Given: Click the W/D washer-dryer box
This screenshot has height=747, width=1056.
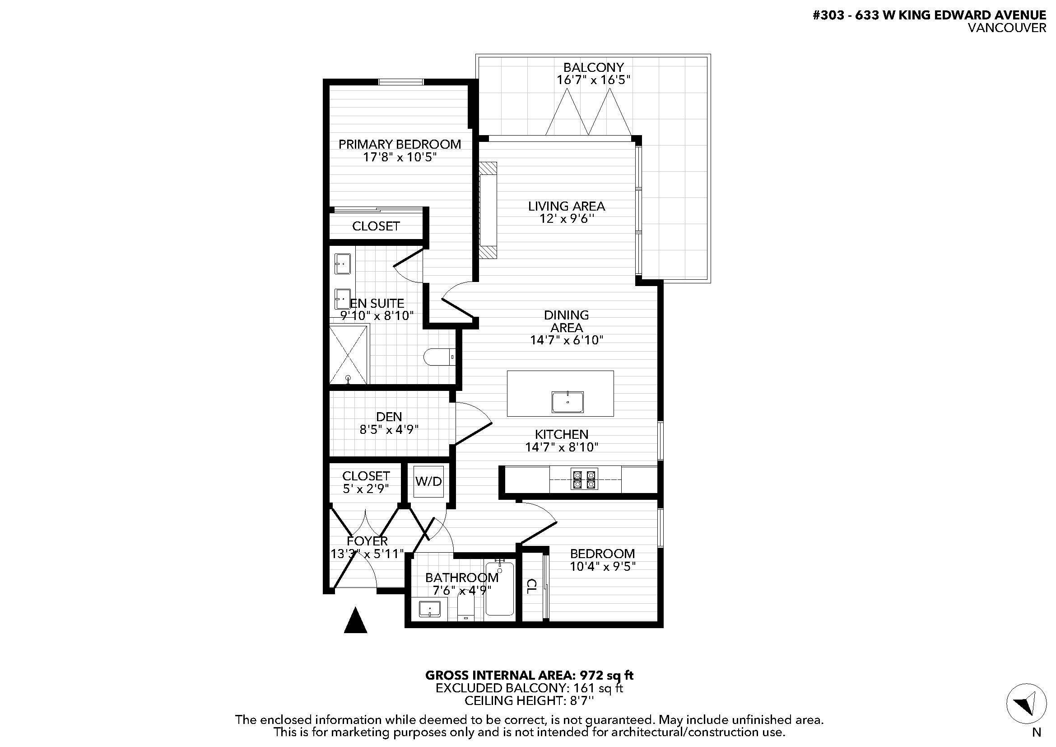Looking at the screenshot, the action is (x=428, y=482).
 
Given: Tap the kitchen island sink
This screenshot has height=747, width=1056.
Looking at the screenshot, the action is (x=568, y=402).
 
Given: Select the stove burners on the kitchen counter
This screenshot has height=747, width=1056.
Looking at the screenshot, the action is (x=585, y=479).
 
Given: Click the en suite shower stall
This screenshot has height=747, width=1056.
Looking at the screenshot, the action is (x=349, y=354).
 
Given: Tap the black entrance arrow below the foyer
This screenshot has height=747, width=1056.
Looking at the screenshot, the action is (x=355, y=620).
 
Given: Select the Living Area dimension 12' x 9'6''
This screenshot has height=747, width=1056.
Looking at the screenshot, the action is (x=567, y=218).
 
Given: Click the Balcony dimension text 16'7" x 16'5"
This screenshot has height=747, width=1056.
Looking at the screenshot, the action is (x=593, y=80).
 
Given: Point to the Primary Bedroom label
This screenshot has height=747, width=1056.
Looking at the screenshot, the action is (x=400, y=144).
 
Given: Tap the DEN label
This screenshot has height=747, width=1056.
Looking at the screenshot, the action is (x=389, y=417).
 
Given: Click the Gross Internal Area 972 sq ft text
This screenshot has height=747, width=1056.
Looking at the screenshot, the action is (x=530, y=675).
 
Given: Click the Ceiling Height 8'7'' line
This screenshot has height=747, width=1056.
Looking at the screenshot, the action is (x=530, y=700).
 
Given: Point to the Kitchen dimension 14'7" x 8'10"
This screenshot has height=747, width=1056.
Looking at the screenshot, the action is (x=562, y=447).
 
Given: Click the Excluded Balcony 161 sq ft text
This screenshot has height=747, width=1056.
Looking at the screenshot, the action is (x=530, y=688).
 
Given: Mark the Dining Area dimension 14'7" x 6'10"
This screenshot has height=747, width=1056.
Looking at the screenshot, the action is (x=567, y=340).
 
